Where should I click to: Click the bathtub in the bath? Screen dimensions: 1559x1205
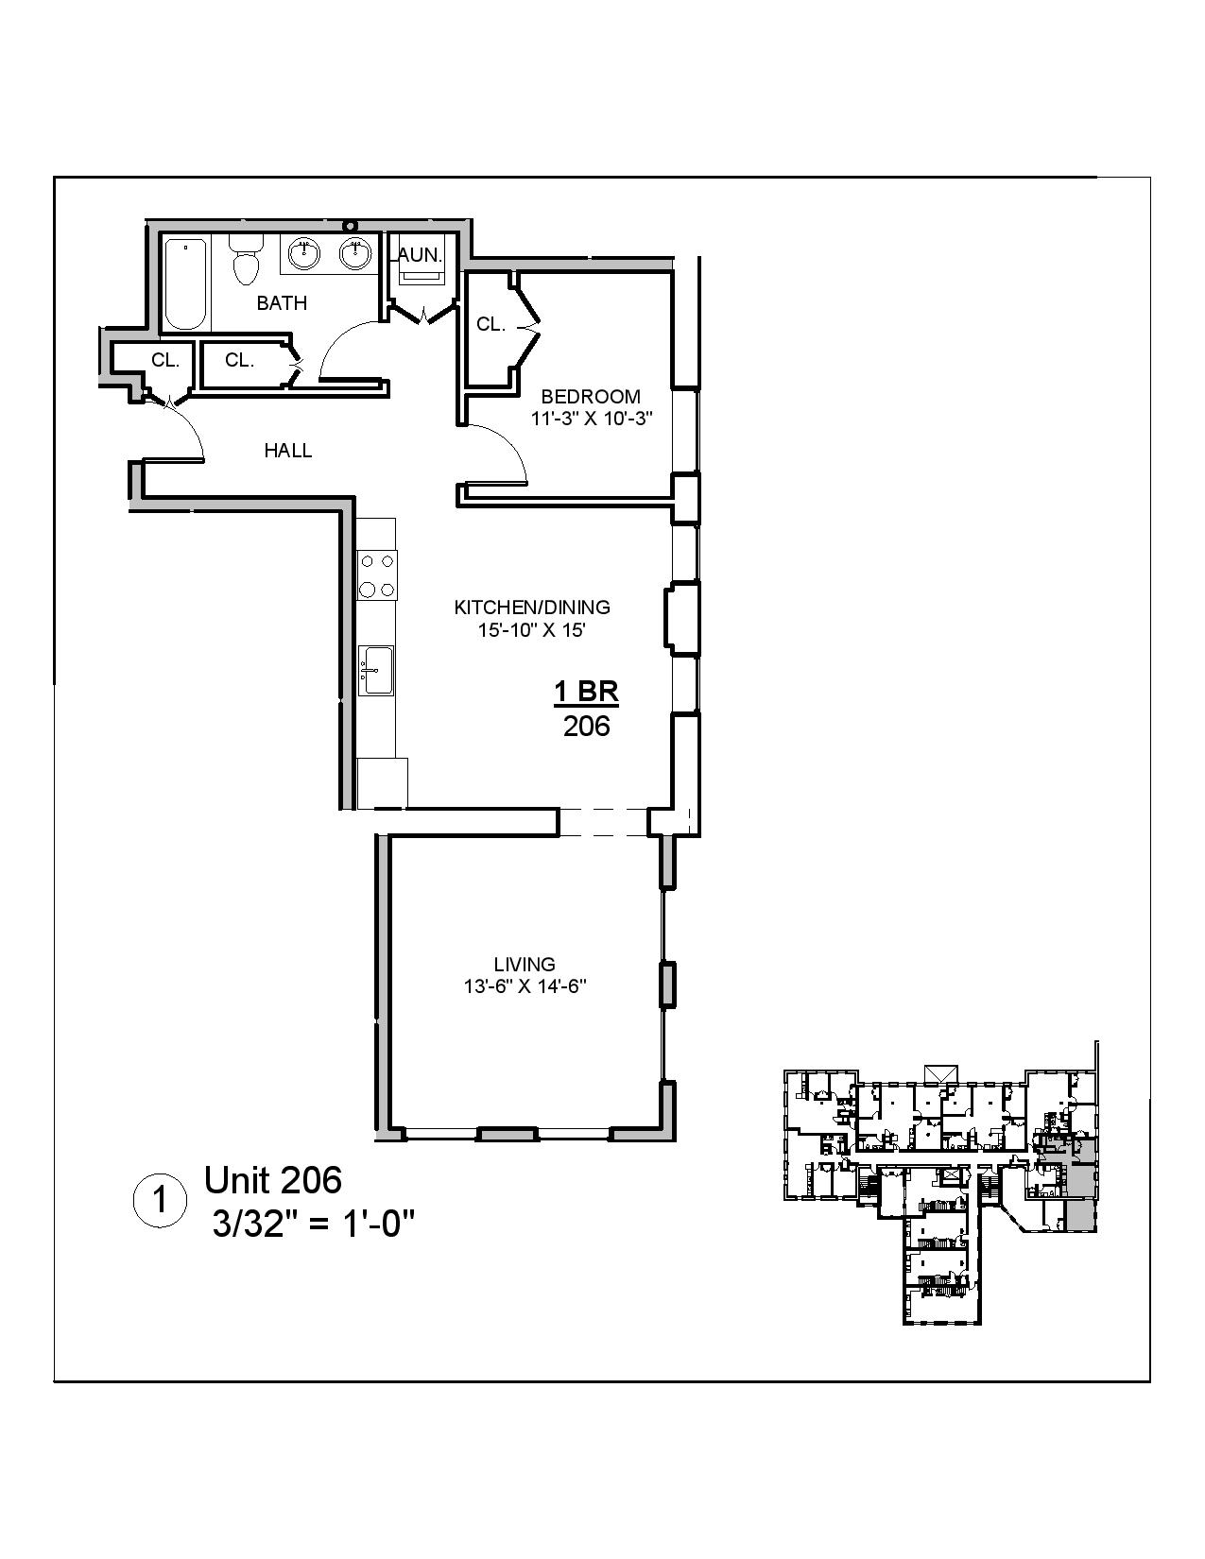pos(185,284)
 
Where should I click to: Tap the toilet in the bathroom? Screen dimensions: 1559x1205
pos(246,260)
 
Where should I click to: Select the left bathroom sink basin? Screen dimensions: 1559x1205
pos(303,252)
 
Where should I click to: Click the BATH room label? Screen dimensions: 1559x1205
pos(282,303)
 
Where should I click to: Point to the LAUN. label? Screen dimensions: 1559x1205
pos(418,255)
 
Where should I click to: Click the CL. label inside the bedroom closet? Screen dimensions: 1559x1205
pos(491,325)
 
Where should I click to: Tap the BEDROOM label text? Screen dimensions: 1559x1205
pos(590,397)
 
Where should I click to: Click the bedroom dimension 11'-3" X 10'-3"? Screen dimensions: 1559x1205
pos(592,419)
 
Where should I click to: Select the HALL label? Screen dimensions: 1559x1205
pos(288,451)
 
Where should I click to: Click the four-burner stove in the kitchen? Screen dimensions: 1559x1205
pos(377,574)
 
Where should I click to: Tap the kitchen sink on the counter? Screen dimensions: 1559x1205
pos(377,671)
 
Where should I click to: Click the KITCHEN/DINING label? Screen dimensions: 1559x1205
pos(532,608)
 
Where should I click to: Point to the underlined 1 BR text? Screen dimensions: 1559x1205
pos(586,693)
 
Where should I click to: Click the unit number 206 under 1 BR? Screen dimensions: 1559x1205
pos(587,727)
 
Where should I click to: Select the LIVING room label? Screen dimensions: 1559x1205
pos(525,965)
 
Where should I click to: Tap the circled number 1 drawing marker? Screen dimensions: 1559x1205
pos(159,1202)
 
